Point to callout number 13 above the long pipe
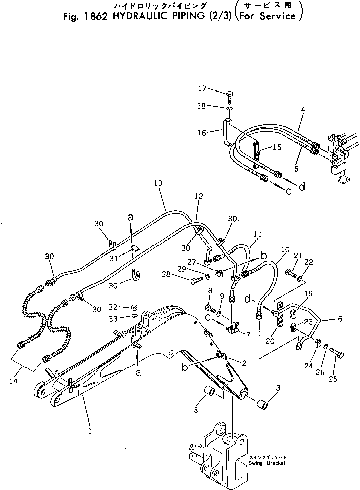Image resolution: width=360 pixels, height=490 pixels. point(159,184)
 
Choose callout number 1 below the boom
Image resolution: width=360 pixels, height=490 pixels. point(90,431)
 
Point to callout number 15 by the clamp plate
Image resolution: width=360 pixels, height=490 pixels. point(277,147)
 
